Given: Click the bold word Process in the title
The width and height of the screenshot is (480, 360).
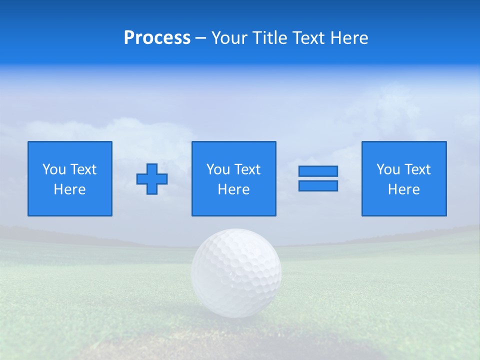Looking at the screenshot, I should point(157,38).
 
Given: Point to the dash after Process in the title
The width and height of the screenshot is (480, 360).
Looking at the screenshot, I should point(200,38).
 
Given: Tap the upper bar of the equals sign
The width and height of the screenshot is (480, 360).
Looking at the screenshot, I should point(318,171).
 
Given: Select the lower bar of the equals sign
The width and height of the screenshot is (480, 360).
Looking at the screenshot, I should point(318,185).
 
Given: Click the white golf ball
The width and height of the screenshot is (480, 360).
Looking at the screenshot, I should point(236,272).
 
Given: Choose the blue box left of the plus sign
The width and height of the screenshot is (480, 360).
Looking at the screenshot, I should point(70,205).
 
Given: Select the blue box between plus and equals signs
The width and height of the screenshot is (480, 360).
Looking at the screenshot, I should point(233,205).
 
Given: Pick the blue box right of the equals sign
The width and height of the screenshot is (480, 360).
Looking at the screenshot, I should point(404,205).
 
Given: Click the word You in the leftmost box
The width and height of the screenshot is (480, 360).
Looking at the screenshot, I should point(54,169).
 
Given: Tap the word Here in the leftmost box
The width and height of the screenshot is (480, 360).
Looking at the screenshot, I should point(70,189).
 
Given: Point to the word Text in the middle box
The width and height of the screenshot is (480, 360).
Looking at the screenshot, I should point(247,169).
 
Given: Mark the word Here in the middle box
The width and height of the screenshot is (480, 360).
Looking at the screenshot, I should point(233,189).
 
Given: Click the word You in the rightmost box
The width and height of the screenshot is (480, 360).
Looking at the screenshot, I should point(388,169).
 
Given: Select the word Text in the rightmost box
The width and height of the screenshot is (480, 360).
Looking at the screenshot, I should point(417,169).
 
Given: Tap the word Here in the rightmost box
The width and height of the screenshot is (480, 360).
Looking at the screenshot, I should point(404,189).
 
